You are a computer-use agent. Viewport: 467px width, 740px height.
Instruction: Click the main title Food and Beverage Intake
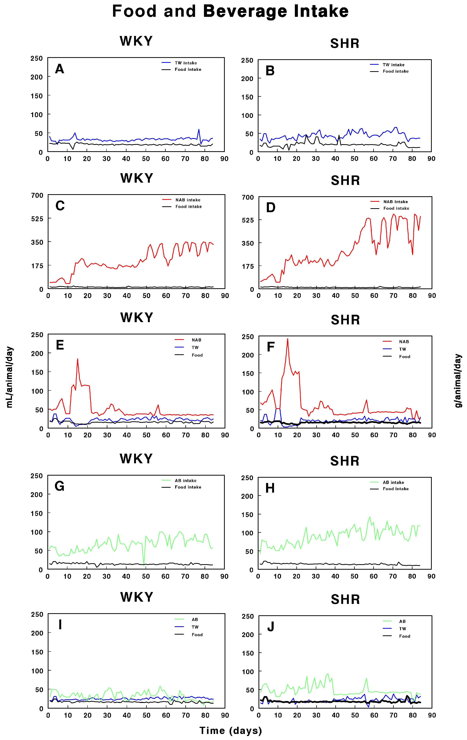click(x=230, y=11)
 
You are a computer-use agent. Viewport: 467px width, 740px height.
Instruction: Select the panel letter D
click(x=271, y=207)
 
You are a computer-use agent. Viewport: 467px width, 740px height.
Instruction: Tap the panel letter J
click(x=271, y=626)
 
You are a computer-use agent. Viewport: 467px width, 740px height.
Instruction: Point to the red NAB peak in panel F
click(x=287, y=339)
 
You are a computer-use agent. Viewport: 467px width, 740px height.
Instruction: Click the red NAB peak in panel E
click(x=77, y=359)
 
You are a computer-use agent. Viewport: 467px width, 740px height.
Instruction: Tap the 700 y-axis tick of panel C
click(x=37, y=196)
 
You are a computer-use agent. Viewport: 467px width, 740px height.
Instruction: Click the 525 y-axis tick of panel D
click(x=248, y=220)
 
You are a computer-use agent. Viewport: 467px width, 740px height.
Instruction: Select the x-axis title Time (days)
click(x=231, y=731)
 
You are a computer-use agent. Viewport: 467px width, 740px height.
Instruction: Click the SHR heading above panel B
click(x=345, y=43)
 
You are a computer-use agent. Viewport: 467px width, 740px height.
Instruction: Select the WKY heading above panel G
click(x=136, y=459)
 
